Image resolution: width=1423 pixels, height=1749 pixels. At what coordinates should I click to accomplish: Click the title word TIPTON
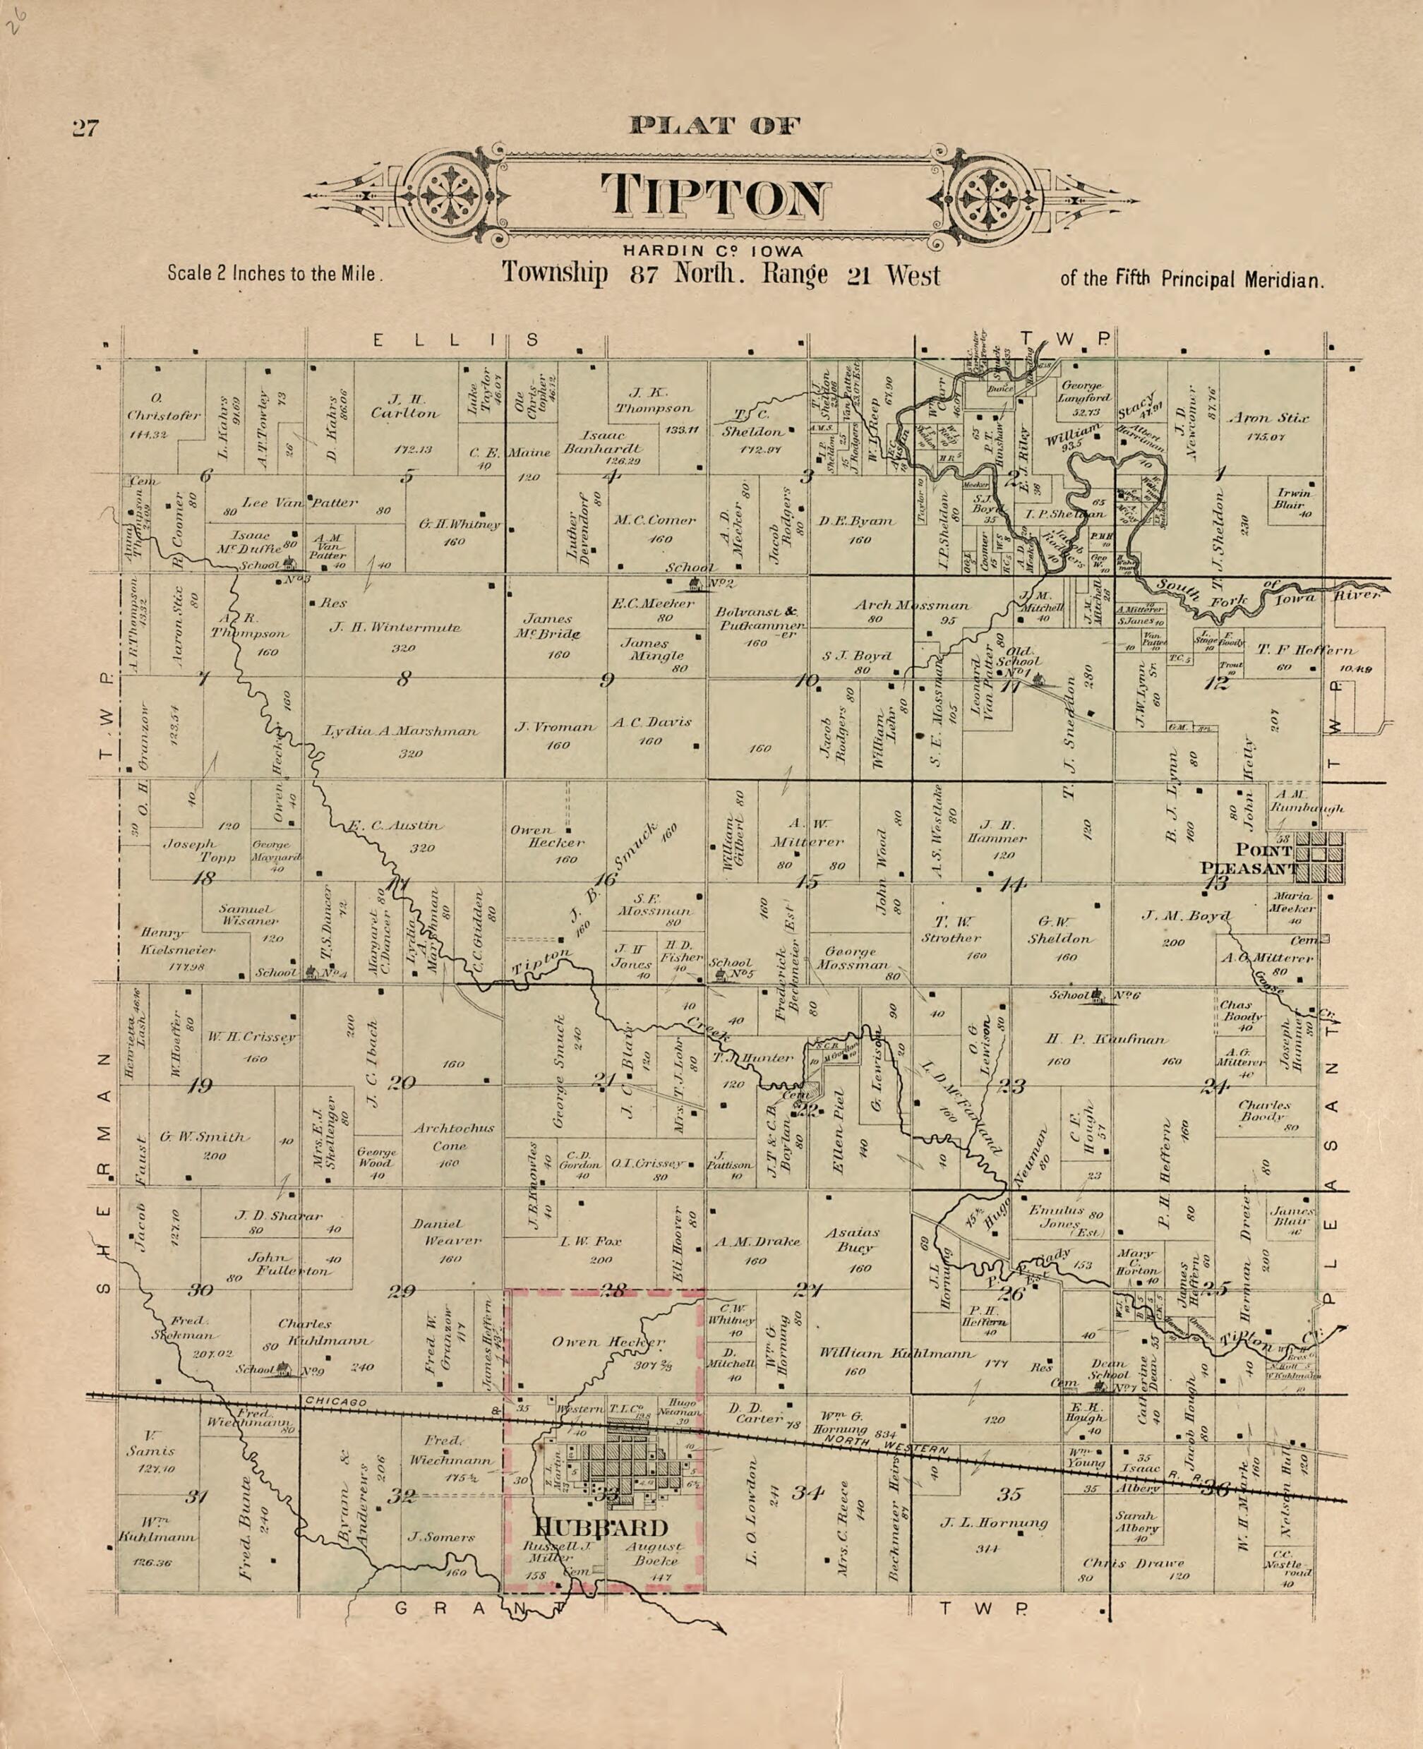click(x=712, y=196)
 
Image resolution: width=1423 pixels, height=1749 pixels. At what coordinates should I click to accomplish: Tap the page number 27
click(x=85, y=128)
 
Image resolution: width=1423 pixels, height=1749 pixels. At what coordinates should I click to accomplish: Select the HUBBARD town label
click(x=601, y=1527)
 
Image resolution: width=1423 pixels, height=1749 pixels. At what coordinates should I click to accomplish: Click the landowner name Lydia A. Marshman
click(x=402, y=731)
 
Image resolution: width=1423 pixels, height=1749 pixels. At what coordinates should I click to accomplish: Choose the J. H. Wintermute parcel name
click(x=395, y=627)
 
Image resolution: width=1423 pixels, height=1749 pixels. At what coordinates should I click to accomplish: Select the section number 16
click(x=605, y=879)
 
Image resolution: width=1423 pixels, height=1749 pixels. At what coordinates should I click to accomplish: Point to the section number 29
click(x=402, y=1292)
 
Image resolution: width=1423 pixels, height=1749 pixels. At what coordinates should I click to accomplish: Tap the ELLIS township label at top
click(x=456, y=339)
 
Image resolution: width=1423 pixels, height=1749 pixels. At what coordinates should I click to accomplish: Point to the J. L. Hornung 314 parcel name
click(x=993, y=1523)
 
